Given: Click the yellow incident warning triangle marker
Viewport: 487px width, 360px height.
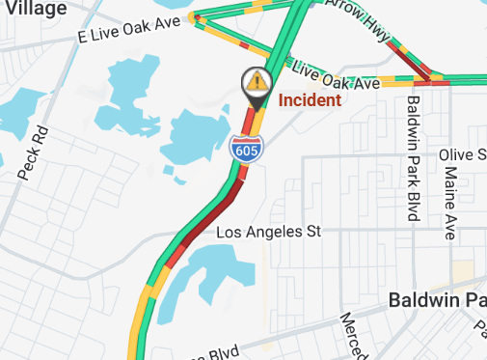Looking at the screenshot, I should tap(256, 80).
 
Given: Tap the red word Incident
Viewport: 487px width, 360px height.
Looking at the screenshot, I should tap(310, 100).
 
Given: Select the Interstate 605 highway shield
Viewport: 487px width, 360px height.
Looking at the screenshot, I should tap(243, 149).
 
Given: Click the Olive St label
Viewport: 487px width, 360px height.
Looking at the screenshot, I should tap(463, 155).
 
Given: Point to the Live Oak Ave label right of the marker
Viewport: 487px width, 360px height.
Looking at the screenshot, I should tap(334, 76).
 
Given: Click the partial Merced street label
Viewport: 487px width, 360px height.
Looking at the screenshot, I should tap(352, 334).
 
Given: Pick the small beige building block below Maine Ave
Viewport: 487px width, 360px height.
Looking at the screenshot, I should tap(465, 272).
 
